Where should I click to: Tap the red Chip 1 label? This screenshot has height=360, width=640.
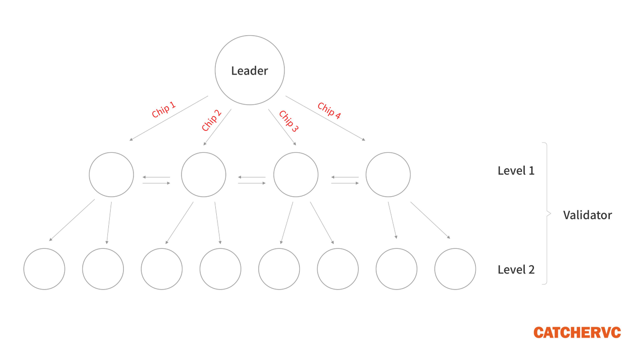[x=164, y=109]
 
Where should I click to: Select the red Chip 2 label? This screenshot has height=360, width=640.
[x=211, y=120]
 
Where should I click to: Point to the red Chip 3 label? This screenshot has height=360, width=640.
[x=288, y=121]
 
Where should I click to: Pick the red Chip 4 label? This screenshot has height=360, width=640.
[x=329, y=110]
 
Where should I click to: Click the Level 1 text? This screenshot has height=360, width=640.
[x=516, y=171]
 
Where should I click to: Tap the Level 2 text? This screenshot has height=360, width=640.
[x=516, y=269]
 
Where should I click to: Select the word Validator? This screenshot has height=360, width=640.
[x=587, y=215]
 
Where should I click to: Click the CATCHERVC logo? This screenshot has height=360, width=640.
[x=577, y=333]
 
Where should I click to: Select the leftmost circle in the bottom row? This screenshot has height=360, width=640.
[x=44, y=249]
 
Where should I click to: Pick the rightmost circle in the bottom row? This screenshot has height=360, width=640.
[x=455, y=249]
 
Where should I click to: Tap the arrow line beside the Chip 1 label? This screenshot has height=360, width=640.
[x=169, y=118]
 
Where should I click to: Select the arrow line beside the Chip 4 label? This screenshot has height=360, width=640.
[x=325, y=118]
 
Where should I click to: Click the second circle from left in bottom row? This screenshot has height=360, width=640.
[x=103, y=249]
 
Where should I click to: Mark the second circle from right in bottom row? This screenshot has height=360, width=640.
[x=396, y=249]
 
